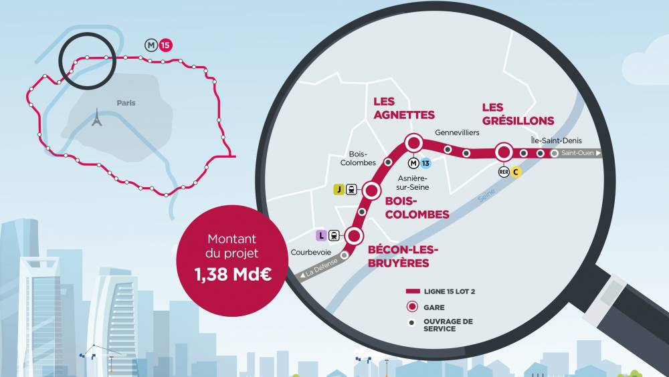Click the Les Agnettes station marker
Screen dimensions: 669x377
click(413, 142)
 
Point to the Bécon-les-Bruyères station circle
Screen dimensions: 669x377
click(355, 235)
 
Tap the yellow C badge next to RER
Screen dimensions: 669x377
click(516, 172)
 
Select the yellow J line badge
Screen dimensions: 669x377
click(339, 189)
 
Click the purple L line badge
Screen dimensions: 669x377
click(321, 235)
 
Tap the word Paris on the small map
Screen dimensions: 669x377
click(126, 103)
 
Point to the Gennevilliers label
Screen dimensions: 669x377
click(457, 133)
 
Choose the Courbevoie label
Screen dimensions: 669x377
click(310, 252)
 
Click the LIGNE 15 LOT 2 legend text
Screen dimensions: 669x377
click(454, 292)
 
